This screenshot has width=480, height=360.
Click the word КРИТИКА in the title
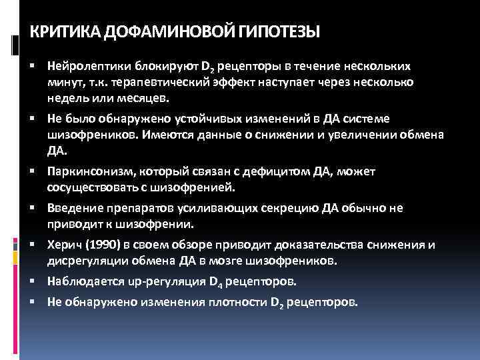pos(61,31)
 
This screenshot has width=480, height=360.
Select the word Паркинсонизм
pos(89,171)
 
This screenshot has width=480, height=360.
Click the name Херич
pos(61,245)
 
